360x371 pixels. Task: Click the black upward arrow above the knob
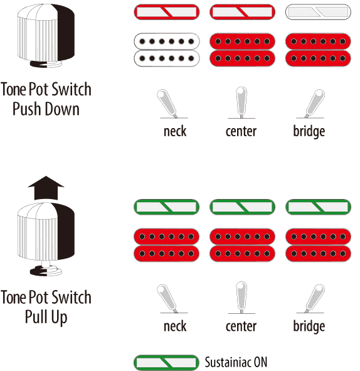click(46, 188)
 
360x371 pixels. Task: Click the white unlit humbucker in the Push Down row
click(167, 50)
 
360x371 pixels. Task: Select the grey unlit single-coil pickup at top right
click(318, 12)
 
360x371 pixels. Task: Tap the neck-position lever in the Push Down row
click(167, 104)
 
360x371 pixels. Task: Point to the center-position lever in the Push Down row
click(241, 102)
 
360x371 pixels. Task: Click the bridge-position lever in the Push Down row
click(315, 104)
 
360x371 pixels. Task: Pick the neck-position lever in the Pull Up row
click(167, 298)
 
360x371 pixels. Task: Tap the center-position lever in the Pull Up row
click(241, 298)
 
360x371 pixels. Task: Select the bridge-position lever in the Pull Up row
click(315, 298)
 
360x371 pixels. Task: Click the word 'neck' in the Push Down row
click(175, 131)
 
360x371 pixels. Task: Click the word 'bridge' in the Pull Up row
click(309, 326)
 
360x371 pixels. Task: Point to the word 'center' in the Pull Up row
click(241, 326)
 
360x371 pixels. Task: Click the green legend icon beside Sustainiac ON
click(167, 362)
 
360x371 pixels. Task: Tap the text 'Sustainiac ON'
click(236, 362)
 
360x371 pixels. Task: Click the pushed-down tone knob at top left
click(46, 36)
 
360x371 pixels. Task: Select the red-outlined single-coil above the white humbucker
click(167, 12)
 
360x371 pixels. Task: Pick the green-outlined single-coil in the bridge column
click(318, 207)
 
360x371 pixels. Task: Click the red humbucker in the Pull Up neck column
click(167, 245)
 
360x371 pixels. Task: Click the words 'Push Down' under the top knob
click(46, 109)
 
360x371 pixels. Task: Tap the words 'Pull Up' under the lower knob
click(46, 317)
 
